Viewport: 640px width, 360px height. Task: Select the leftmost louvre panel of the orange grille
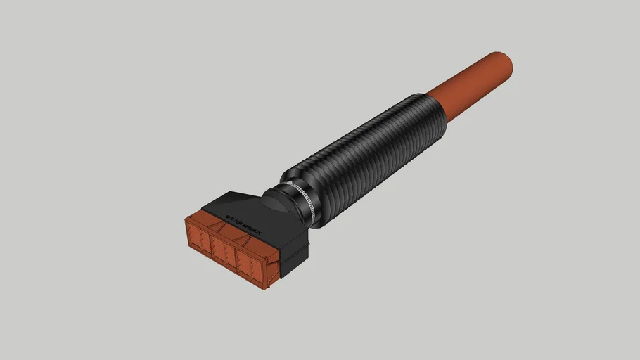point(198,238)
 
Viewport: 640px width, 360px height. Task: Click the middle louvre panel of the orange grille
point(224,252)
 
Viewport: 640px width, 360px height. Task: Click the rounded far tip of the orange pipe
point(504,65)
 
